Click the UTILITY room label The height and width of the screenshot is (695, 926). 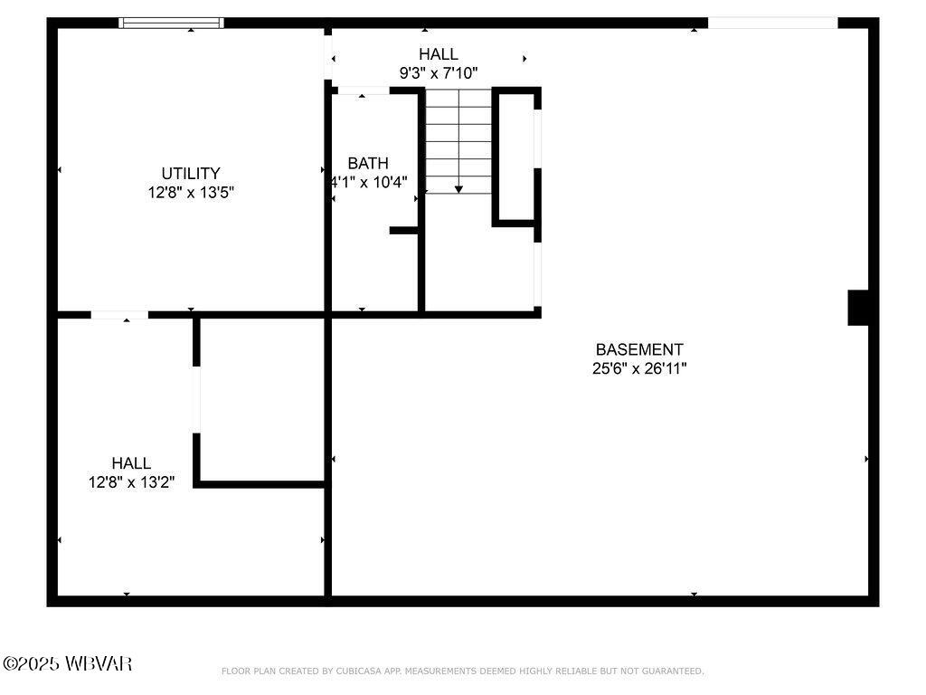191,173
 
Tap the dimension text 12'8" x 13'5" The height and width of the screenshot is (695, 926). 191,193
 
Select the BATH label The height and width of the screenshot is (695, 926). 368,163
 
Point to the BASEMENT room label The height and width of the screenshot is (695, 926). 639,349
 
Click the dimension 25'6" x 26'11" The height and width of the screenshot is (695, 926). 639,368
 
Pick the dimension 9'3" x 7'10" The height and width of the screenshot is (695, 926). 439,73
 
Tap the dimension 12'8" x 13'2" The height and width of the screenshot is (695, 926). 131,482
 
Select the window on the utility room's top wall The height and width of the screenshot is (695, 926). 172,24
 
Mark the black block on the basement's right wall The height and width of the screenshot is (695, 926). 858,308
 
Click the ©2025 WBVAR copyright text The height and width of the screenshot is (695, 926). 68,663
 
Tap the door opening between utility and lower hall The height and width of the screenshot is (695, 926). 119,315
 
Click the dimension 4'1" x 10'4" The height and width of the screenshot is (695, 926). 369,182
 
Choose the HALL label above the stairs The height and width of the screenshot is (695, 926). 439,54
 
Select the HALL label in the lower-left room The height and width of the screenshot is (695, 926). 131,463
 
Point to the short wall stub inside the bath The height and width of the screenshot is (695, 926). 403,231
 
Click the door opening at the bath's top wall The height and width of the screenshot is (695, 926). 363,90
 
